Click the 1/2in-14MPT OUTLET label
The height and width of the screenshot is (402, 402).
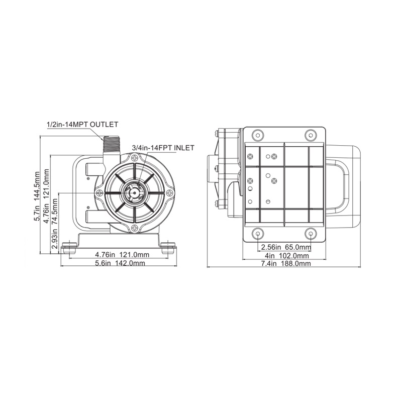(x=82, y=125)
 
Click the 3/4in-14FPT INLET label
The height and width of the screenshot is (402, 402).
(x=163, y=148)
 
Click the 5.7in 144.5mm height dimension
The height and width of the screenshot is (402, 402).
(x=37, y=196)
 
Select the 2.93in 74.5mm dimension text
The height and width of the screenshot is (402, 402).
(x=55, y=224)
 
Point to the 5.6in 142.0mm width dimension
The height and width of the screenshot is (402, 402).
(x=120, y=263)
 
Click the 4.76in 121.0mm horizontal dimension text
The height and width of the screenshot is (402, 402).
(x=122, y=255)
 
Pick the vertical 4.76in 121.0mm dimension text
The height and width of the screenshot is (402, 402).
(x=46, y=196)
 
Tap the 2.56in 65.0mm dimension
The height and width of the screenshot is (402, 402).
(x=286, y=247)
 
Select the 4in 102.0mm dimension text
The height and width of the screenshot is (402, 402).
(x=287, y=256)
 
